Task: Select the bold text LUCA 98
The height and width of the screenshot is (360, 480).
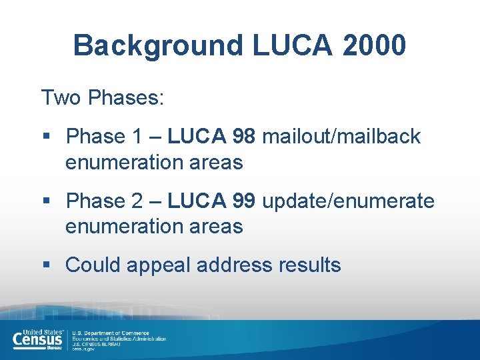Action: [x=211, y=137]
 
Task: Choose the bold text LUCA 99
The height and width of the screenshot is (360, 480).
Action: [x=211, y=201]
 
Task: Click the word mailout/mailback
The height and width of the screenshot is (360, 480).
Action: [x=341, y=137]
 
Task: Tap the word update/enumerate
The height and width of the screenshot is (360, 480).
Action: [x=348, y=201]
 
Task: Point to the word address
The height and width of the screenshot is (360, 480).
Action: [x=232, y=265]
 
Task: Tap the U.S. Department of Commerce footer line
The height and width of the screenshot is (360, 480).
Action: [x=111, y=333]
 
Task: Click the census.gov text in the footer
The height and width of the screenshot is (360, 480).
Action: [x=83, y=349]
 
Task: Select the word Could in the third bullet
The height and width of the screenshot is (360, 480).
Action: [x=92, y=265]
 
